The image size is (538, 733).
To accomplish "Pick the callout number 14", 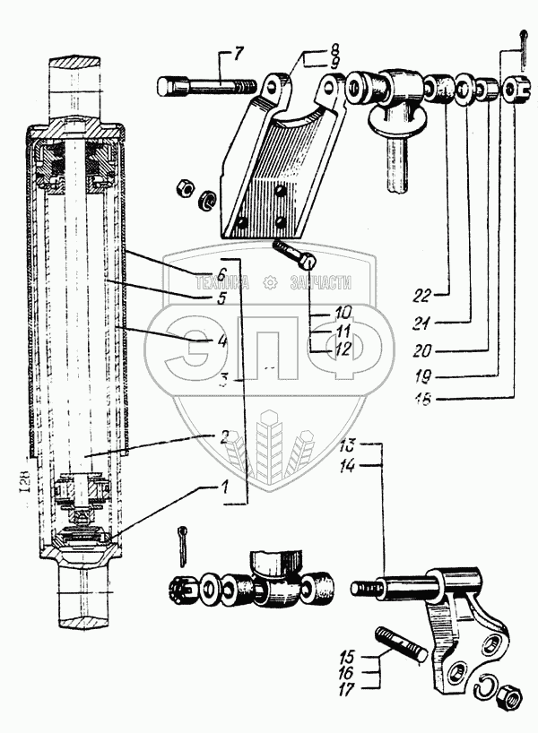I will click(350, 465).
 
